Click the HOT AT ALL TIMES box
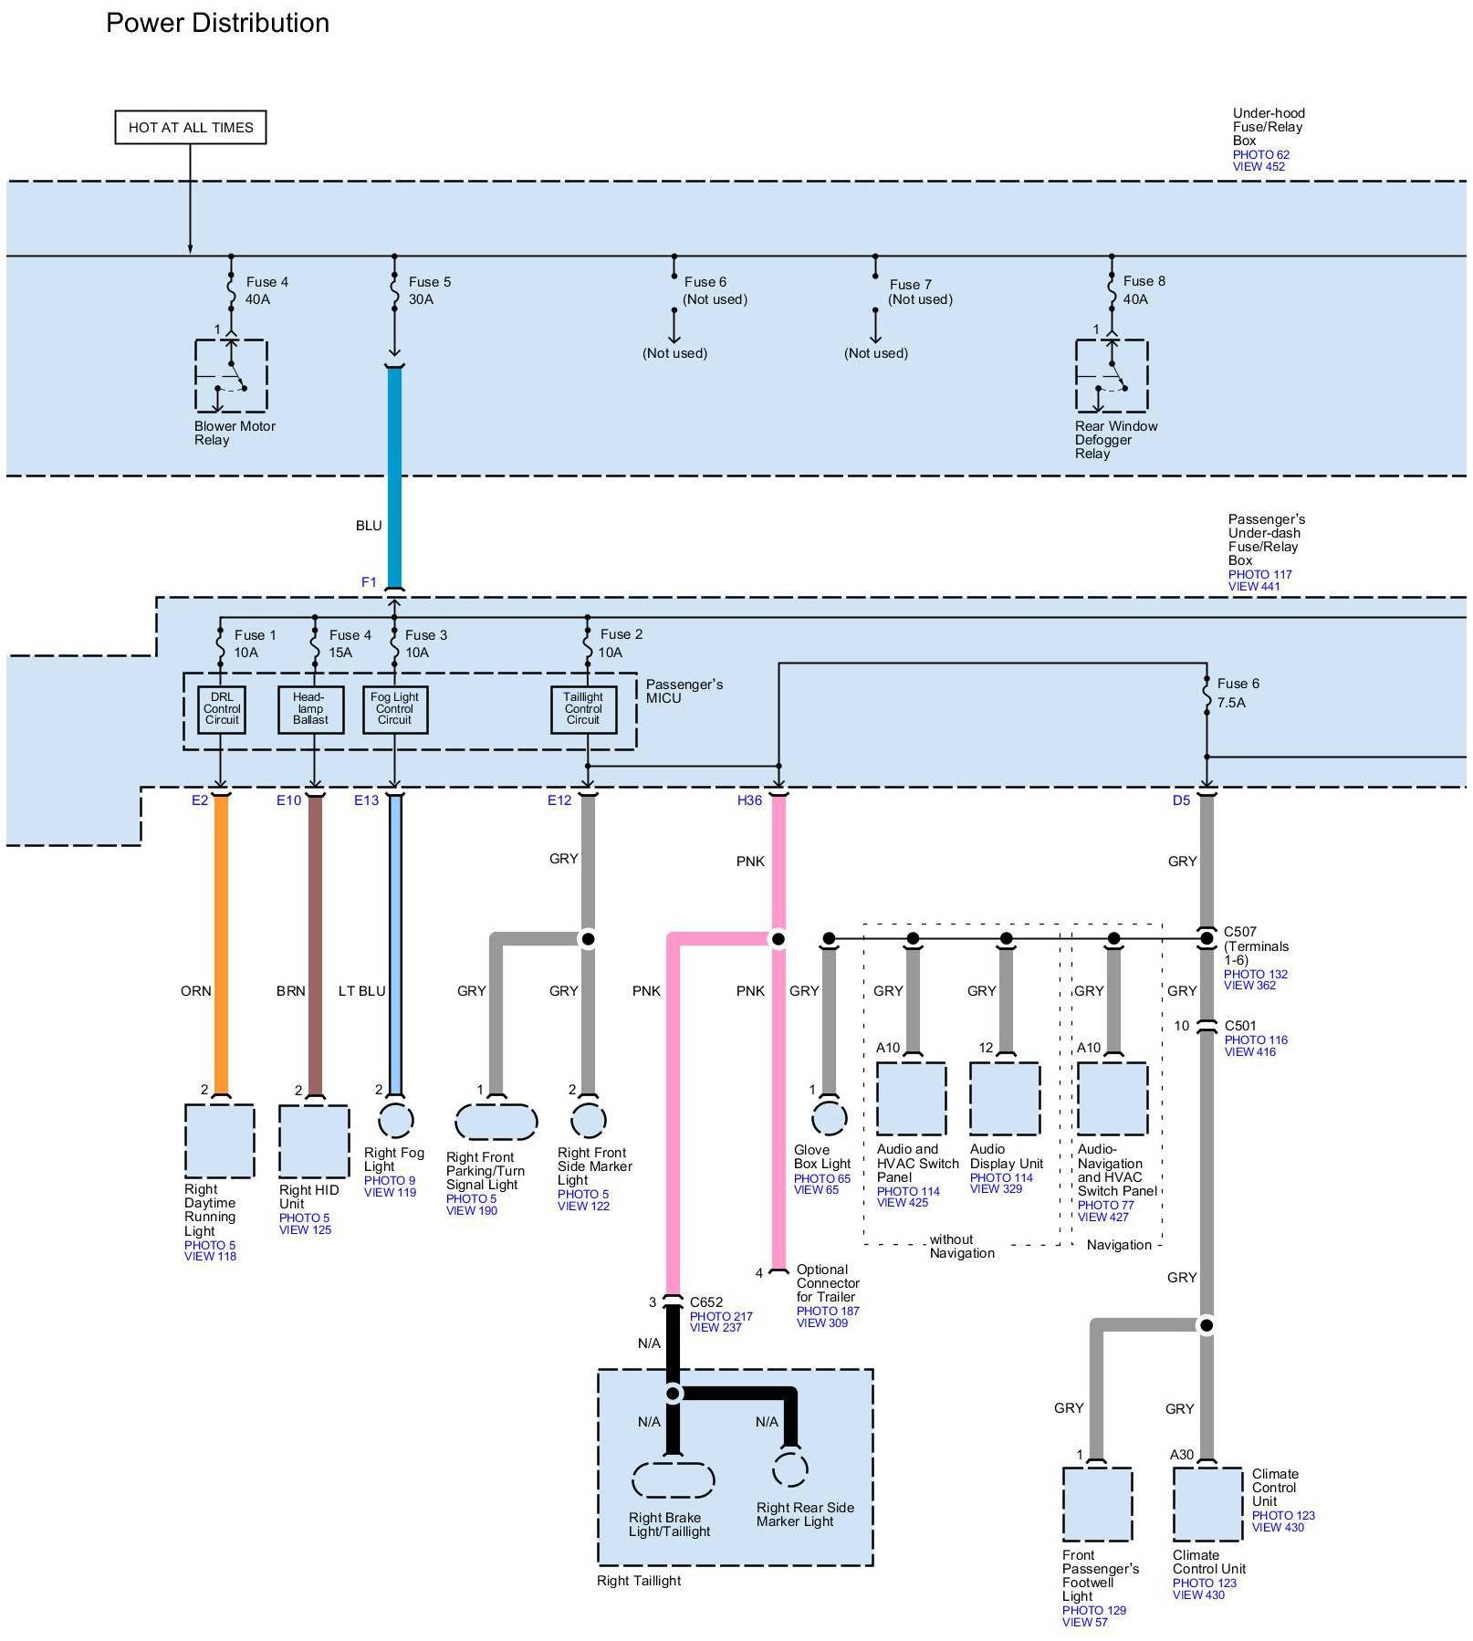(x=191, y=127)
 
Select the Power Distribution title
(x=217, y=23)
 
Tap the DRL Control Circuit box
(x=222, y=709)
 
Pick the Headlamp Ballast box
(x=310, y=709)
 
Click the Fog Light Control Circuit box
(x=394, y=709)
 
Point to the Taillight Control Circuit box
(x=583, y=709)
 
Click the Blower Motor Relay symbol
(x=231, y=375)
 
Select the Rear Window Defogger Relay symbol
(x=1112, y=375)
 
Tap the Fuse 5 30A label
(x=429, y=290)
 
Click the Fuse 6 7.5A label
(x=1238, y=693)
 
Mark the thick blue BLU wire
(x=394, y=477)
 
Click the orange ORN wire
(x=221, y=944)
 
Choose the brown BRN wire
(x=315, y=944)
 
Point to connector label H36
(x=749, y=800)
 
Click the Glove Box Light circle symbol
(x=829, y=1117)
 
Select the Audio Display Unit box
(x=1005, y=1098)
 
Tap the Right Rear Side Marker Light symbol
(x=790, y=1469)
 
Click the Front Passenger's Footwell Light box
(x=1097, y=1504)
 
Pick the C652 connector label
(x=706, y=1302)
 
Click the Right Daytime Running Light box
(x=220, y=1141)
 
